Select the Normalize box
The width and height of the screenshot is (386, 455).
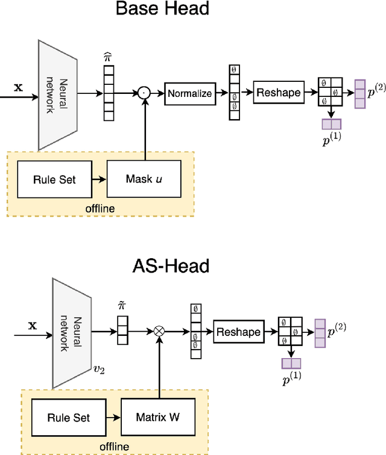[189, 93]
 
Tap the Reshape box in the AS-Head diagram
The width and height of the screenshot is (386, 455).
[238, 332]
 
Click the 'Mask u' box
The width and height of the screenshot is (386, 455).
[143, 179]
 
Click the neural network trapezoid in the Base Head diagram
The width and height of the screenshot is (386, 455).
[58, 94]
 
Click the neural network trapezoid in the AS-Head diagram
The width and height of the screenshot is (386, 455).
[72, 332]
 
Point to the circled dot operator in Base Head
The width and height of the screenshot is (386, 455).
[144, 93]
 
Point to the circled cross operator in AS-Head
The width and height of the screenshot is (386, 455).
[160, 331]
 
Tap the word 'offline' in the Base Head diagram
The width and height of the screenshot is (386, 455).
[100, 207]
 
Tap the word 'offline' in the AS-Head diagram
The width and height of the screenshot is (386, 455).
[115, 445]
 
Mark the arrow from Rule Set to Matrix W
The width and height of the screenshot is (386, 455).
[113, 417]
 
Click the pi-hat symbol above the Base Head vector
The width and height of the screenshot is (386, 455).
[109, 56]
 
